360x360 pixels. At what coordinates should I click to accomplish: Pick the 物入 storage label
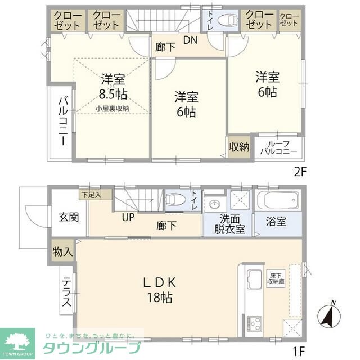pos(62,251)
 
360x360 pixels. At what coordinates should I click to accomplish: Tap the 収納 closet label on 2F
pos(239,147)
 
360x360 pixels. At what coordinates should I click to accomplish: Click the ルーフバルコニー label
pos(278,147)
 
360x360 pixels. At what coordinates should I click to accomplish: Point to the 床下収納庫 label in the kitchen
pos(276,278)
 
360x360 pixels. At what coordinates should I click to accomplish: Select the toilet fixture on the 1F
pos(177,200)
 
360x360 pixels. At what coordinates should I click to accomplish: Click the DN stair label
pos(191,40)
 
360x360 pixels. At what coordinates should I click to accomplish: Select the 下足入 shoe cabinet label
pos(90,195)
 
